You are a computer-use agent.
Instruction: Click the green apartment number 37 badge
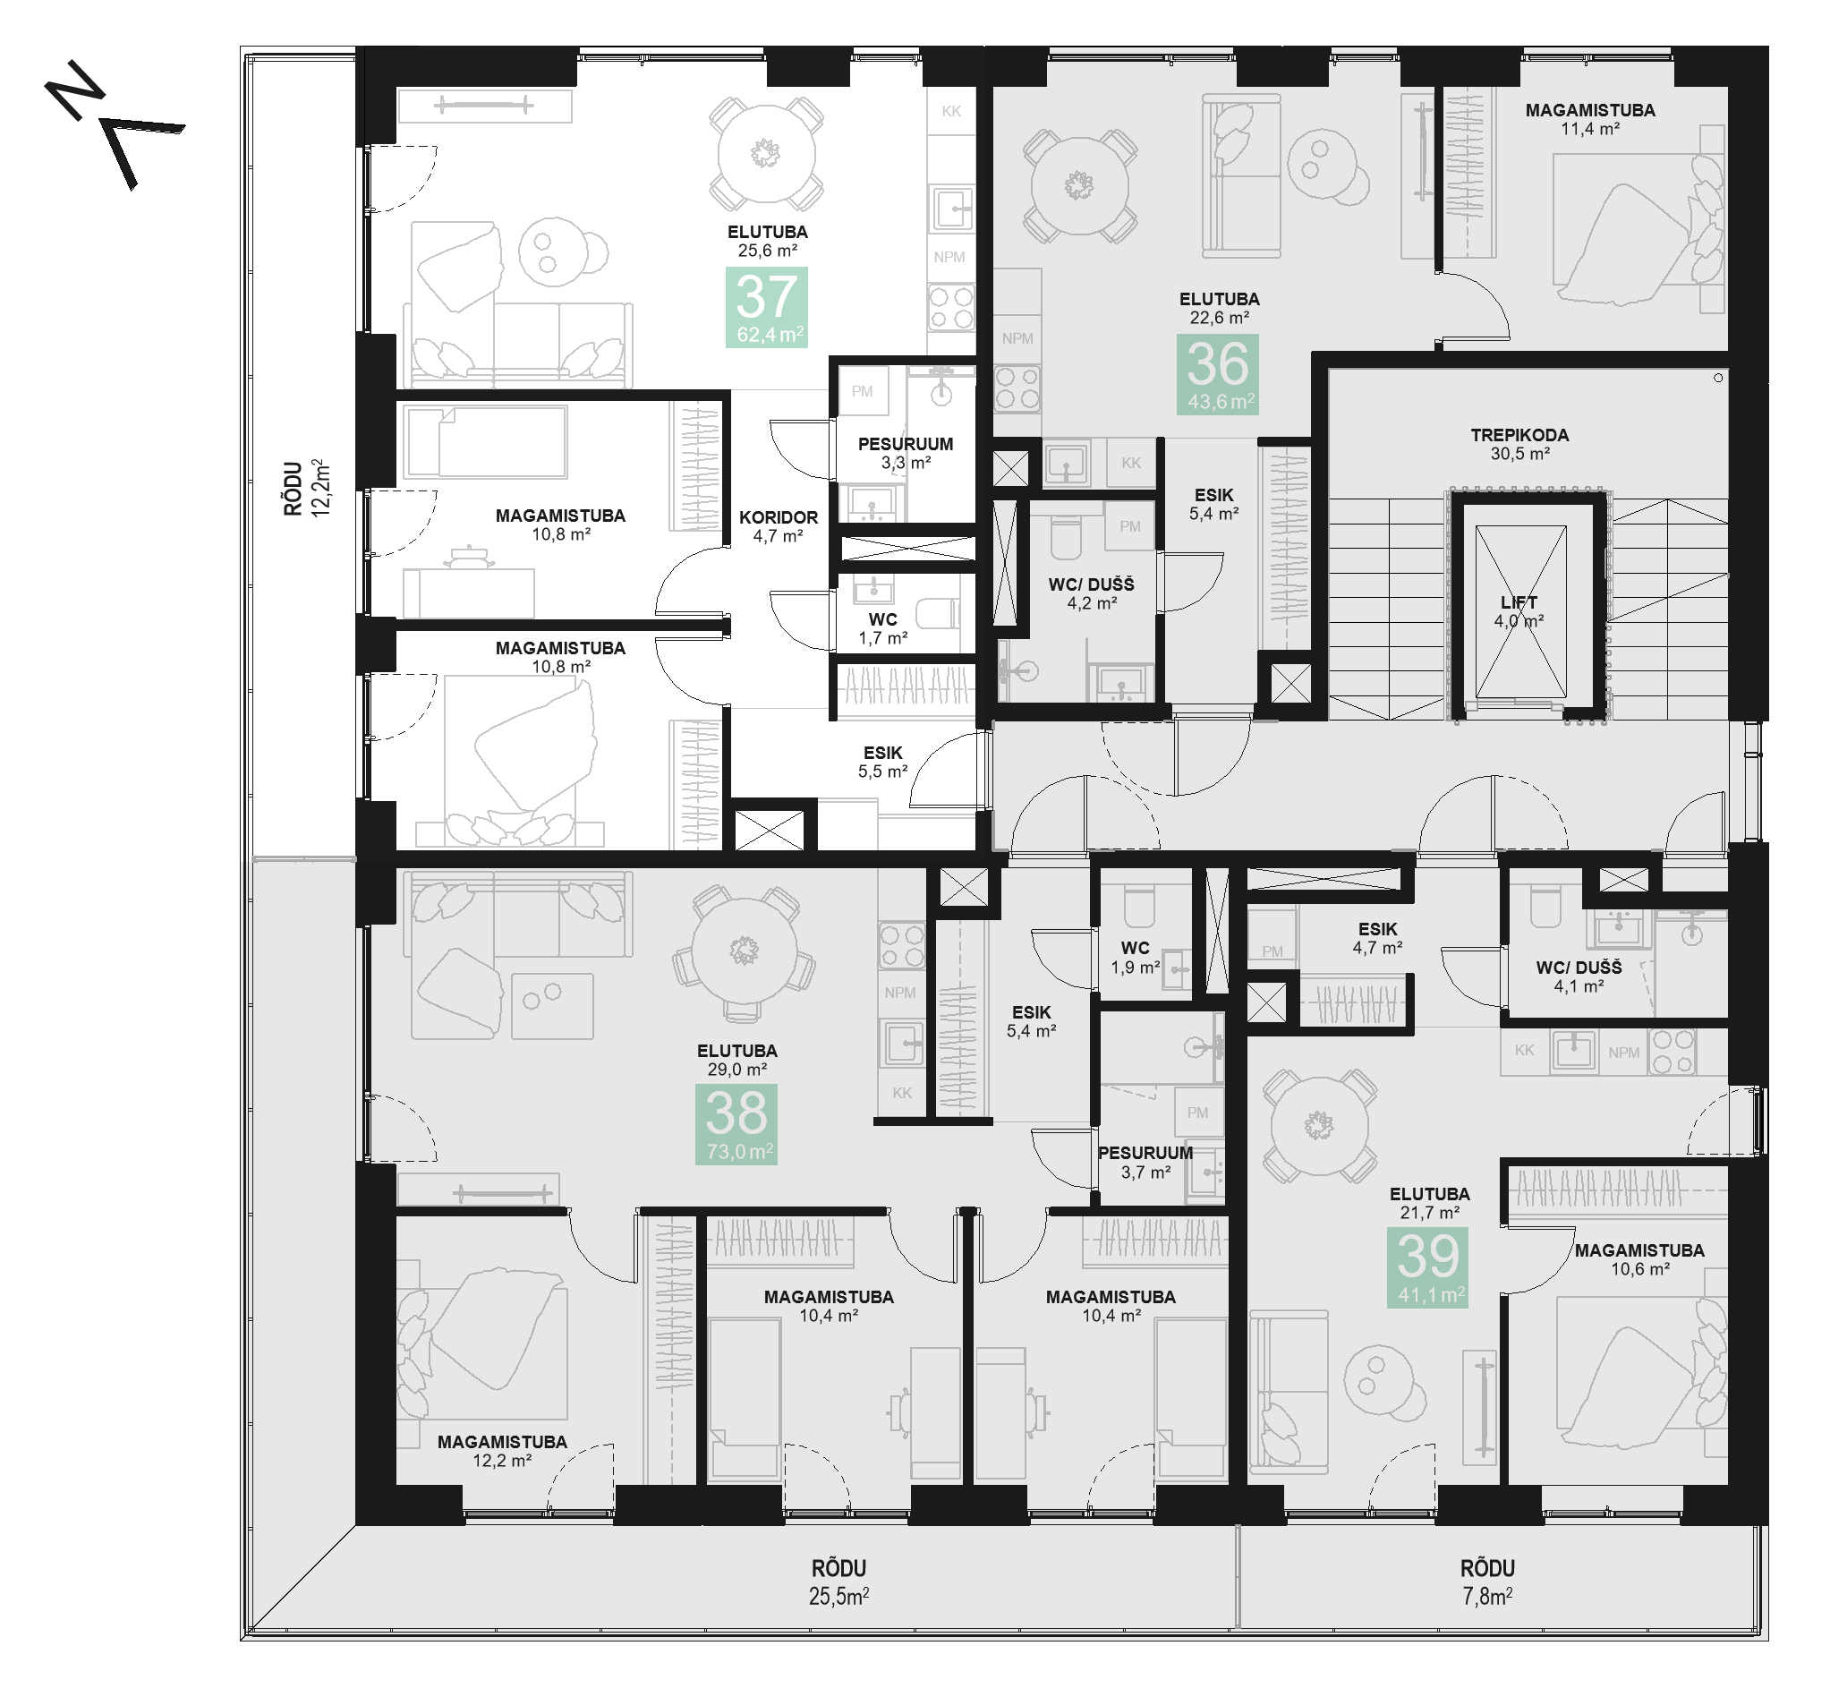[x=766, y=307]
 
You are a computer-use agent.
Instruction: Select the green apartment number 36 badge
[x=1218, y=374]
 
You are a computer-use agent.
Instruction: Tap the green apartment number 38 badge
[x=736, y=1124]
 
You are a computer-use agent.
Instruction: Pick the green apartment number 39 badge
[x=1427, y=1267]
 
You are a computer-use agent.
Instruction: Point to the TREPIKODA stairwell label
[x=1519, y=444]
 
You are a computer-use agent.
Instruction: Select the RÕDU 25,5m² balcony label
[x=838, y=1583]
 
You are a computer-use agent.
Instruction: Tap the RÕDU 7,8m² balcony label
[x=1487, y=1583]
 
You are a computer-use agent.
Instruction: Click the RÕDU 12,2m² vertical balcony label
[x=306, y=489]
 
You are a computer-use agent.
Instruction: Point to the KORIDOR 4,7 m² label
[x=778, y=526]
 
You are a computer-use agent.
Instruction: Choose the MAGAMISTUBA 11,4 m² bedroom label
[x=1589, y=119]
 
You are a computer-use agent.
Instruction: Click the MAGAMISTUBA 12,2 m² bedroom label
[x=501, y=1451]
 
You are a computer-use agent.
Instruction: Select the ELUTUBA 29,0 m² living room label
[x=736, y=1060]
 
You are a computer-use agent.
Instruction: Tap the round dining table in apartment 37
[x=766, y=153]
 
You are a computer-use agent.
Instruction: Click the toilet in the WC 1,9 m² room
[x=1138, y=908]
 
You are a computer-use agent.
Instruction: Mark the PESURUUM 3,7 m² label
[x=1145, y=1163]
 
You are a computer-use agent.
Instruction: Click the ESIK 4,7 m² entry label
[x=1376, y=939]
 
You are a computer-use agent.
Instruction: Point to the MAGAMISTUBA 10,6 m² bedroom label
[x=1639, y=1260]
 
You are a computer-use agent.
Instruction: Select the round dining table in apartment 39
[x=1318, y=1125]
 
